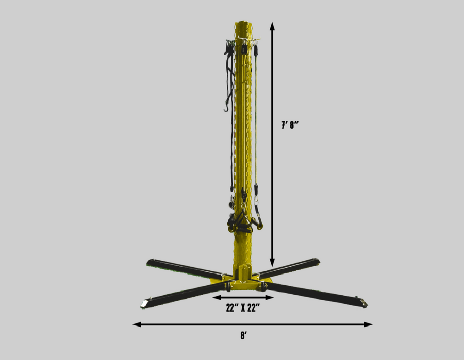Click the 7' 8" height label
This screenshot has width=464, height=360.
[x=290, y=125]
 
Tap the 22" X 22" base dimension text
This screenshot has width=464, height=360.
[x=243, y=307]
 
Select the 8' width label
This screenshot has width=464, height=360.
[x=243, y=336]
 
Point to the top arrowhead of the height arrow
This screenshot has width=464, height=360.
[x=272, y=26]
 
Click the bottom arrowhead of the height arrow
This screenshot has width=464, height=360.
[x=272, y=262]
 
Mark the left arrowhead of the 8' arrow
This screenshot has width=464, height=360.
[x=137, y=324]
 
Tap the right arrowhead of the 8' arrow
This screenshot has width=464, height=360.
[x=368, y=324]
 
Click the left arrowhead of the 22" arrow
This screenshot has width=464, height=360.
[x=217, y=297]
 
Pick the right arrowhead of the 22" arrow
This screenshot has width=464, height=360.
[x=269, y=297]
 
